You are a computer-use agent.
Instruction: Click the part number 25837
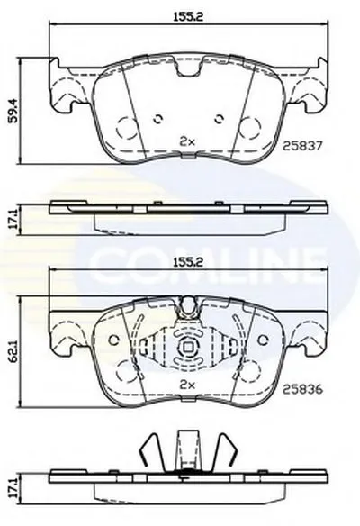click(x=302, y=146)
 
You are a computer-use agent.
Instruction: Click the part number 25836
click(x=302, y=389)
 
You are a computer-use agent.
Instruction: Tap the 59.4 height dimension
click(x=13, y=111)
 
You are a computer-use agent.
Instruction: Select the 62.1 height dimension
click(x=13, y=351)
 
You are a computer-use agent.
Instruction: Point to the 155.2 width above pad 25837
click(x=188, y=17)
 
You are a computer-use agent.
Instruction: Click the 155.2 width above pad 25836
click(x=188, y=262)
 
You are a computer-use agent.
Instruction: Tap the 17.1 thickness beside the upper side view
click(x=13, y=220)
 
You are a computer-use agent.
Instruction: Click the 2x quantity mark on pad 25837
click(x=187, y=141)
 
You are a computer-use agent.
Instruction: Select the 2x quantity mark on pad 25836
click(x=187, y=385)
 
